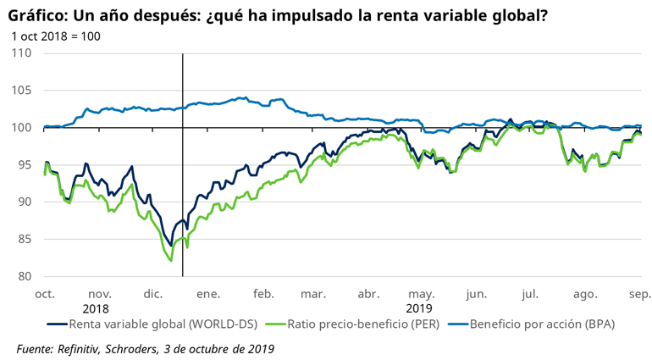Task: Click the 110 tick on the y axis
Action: pos(22,53)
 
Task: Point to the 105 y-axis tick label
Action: pos(22,91)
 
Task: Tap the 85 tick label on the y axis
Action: pos(25,239)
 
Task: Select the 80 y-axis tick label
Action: pos(25,276)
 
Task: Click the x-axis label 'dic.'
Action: pos(153,293)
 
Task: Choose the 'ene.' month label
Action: pos(208,293)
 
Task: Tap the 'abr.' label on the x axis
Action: pos(368,293)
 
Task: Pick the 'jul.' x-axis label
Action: pos(531,293)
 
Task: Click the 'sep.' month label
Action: pos(639,293)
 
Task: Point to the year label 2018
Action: pos(97,308)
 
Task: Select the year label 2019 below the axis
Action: pos(419,308)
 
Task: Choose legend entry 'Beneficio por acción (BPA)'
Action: pos(541,324)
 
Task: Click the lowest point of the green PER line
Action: pos(171,261)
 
